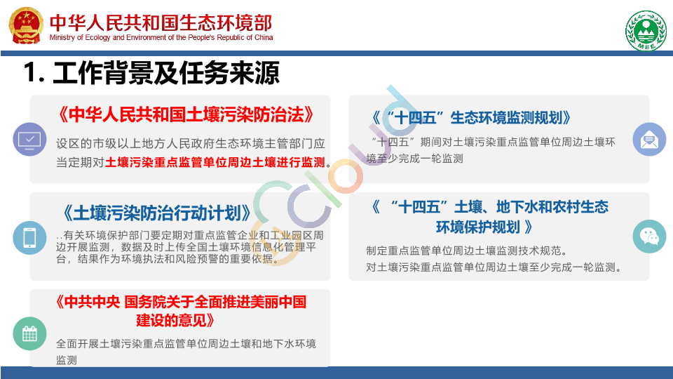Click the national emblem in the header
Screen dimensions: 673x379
26,25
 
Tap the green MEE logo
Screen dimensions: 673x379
646,31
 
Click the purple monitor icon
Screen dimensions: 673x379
29,139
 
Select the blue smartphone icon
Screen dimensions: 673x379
29,238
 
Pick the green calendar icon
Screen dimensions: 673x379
29,333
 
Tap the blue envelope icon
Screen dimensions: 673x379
649,139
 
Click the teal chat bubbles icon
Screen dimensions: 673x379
649,237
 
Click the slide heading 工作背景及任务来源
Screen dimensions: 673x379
166,72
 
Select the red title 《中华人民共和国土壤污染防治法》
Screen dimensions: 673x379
185,114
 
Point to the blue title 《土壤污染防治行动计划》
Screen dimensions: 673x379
157,213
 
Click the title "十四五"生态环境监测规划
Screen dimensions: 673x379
471,118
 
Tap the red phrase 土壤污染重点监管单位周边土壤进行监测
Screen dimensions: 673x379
215,162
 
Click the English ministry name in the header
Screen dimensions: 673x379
161,37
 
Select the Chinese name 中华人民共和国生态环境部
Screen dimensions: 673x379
161,22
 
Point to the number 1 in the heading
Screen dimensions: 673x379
31,72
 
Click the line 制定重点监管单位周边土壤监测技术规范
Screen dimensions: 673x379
464,251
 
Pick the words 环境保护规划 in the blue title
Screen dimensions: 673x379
478,227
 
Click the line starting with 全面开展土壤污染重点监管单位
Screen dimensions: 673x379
186,344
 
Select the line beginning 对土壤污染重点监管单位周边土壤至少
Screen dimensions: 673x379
491,267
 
